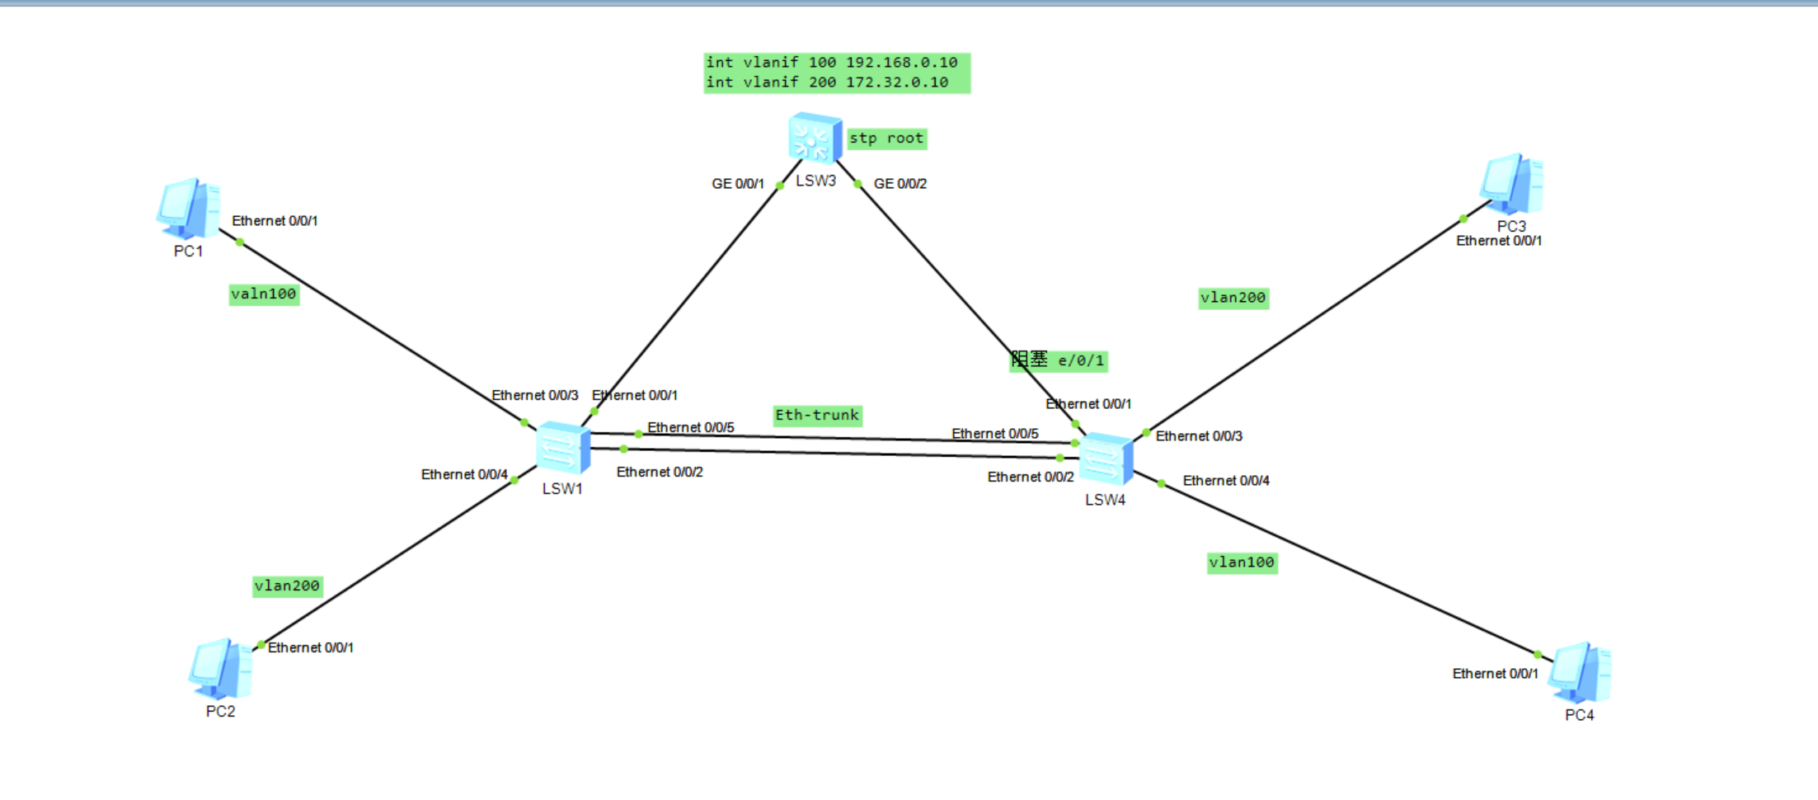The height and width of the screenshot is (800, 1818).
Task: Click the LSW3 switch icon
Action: (815, 138)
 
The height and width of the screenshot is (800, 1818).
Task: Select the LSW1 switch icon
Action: (562, 448)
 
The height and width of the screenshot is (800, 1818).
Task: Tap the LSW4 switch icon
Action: (1105, 459)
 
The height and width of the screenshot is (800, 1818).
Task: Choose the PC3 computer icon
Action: (1511, 185)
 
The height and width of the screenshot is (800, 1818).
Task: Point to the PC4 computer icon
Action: (1579, 672)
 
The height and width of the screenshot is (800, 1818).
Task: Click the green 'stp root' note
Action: (886, 139)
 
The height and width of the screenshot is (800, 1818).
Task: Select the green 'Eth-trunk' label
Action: (817, 416)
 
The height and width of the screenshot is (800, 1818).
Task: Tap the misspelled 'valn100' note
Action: (264, 294)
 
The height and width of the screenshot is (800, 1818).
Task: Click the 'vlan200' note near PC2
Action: (287, 586)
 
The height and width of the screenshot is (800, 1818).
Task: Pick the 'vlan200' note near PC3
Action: (1233, 298)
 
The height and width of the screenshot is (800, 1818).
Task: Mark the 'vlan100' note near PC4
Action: (1242, 562)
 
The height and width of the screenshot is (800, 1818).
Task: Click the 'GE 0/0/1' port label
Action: (738, 184)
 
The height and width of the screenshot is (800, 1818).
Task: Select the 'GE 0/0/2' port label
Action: (900, 184)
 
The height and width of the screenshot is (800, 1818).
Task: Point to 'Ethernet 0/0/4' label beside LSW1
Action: (464, 475)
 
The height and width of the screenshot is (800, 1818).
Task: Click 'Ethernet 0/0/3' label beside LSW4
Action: (1199, 436)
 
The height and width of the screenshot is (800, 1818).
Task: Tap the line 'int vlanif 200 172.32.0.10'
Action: (827, 82)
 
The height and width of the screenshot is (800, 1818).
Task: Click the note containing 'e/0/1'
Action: (1059, 361)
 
